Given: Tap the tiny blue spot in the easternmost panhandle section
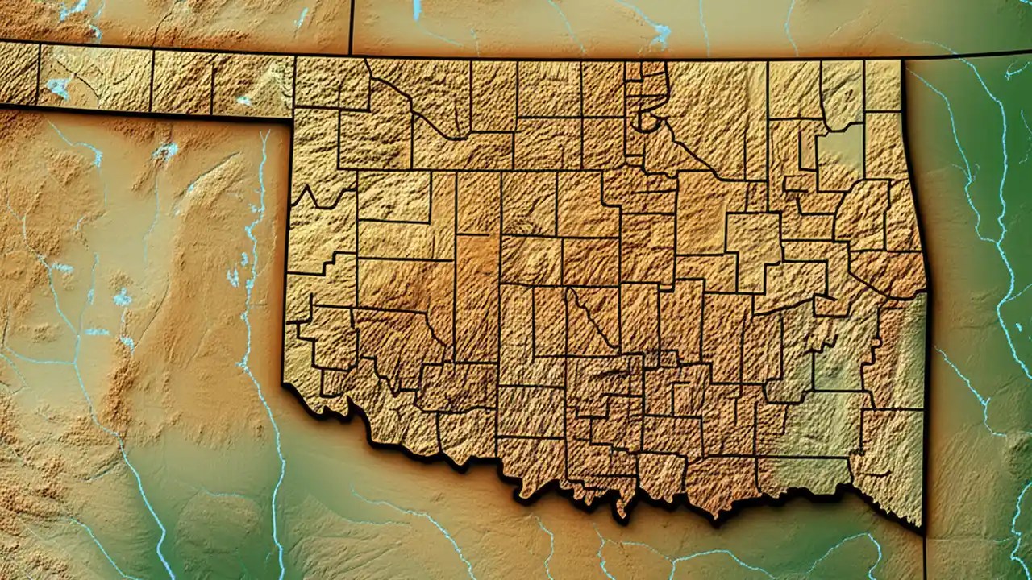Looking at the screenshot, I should (243, 101).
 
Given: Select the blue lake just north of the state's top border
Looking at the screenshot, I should (660, 34).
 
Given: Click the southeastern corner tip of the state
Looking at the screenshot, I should (921, 528).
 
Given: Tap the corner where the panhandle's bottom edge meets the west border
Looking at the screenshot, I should (291, 120).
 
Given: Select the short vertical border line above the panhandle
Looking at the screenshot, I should (352, 27).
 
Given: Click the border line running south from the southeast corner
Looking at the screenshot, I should (924, 556).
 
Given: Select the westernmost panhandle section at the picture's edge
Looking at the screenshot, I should (18, 74).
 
